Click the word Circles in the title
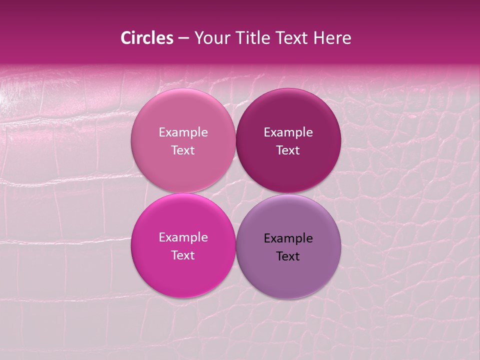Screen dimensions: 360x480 (x=147, y=38)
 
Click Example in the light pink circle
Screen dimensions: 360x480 (x=183, y=132)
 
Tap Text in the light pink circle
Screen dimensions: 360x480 (x=183, y=150)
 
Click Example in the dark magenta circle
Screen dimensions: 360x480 (x=288, y=132)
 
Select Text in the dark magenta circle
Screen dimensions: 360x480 (x=288, y=150)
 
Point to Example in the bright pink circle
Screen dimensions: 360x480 (x=183, y=237)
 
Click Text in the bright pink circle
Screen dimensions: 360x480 (x=183, y=255)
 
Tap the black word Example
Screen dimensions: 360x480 (x=288, y=238)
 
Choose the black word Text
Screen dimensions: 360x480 (x=288, y=256)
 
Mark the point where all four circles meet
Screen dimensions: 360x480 (x=235, y=193)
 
